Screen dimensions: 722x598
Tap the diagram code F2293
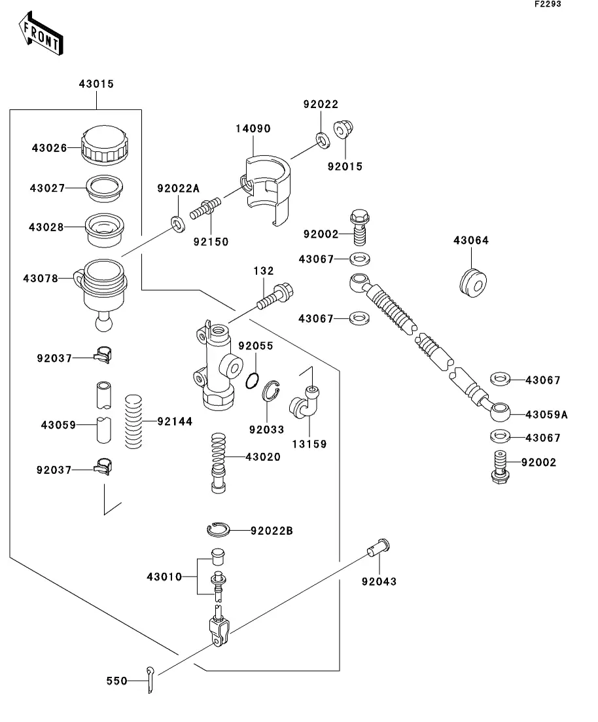tap(547, 5)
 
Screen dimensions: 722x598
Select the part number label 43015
tap(96, 84)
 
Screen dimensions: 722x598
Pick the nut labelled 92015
tap(343, 131)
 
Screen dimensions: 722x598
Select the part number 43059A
tap(546, 414)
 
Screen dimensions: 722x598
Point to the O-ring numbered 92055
tap(254, 382)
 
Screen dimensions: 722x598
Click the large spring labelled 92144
tap(133, 422)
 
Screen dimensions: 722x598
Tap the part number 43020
tap(263, 457)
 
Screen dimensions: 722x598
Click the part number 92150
tap(211, 242)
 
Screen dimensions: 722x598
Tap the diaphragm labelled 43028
tap(103, 228)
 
